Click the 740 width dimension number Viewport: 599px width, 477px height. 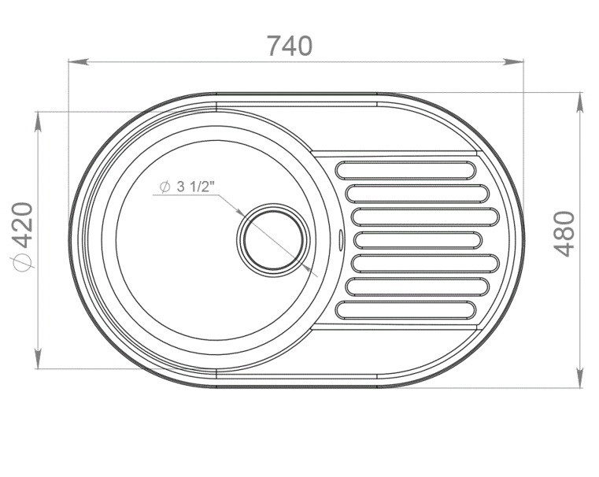[x=290, y=46]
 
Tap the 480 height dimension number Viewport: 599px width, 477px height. [x=564, y=234]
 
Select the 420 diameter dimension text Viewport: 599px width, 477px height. [x=22, y=237]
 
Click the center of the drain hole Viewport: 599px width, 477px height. [x=273, y=240]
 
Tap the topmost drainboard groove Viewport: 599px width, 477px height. [x=405, y=170]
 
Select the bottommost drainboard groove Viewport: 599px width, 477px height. [x=405, y=310]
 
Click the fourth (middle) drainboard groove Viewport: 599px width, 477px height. [x=418, y=240]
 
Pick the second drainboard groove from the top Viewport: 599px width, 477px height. [x=417, y=194]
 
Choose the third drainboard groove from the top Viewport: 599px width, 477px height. [x=425, y=216]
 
